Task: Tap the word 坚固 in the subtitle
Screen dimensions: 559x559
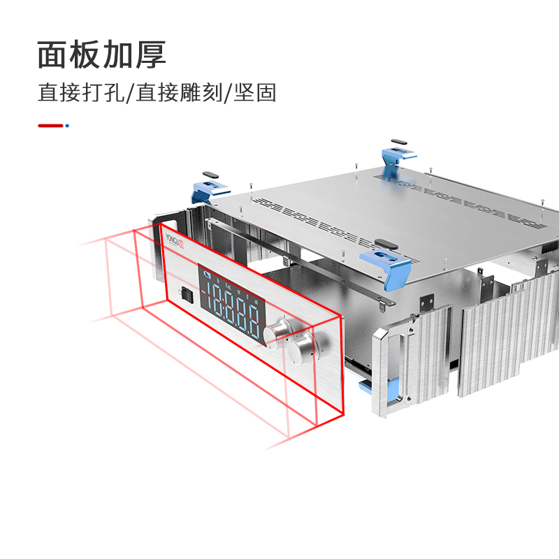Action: (255, 93)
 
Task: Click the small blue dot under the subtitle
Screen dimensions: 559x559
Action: (67, 126)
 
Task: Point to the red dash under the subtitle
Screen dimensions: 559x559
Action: (50, 126)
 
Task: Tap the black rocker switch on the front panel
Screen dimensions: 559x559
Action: (185, 294)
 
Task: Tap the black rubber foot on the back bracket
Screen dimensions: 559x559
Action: (397, 141)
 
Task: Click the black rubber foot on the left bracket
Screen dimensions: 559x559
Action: (210, 175)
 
